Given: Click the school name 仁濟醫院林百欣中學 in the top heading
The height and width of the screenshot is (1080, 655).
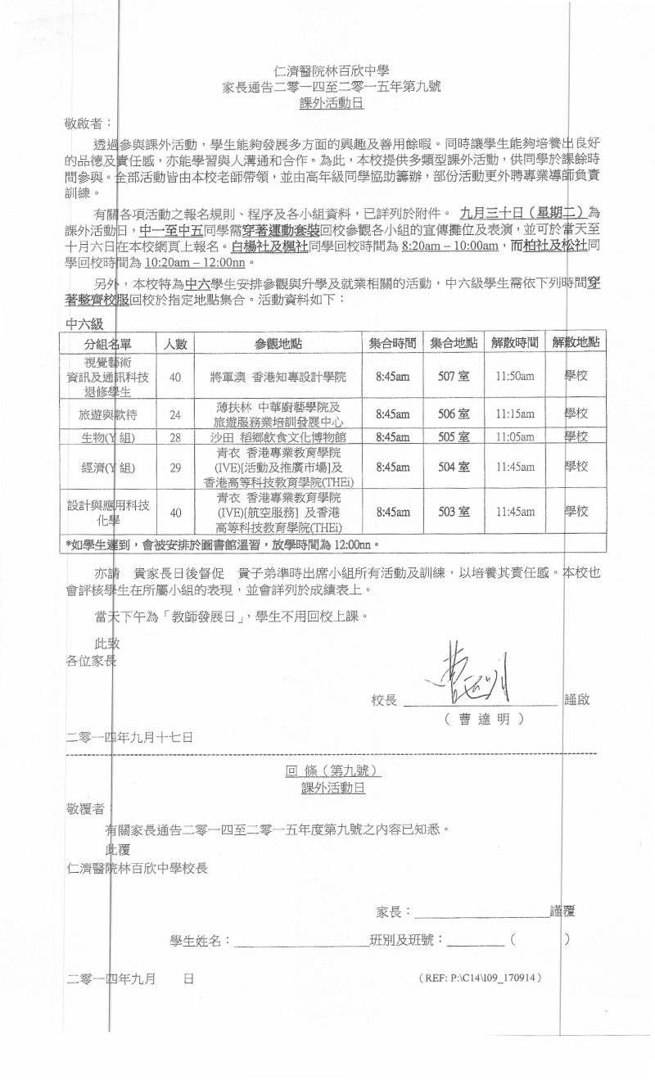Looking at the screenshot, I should pyautogui.click(x=332, y=71).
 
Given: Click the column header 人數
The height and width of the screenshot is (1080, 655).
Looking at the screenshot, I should pyautogui.click(x=175, y=343).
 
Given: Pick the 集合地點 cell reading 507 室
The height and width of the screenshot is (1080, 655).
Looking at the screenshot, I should pyautogui.click(x=454, y=377).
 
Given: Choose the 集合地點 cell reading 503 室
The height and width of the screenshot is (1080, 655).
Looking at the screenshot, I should pyautogui.click(x=454, y=512).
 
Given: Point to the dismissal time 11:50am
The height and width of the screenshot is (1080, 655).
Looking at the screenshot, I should pyautogui.click(x=514, y=377).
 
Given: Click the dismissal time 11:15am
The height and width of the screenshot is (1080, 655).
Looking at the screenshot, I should pyautogui.click(x=514, y=414).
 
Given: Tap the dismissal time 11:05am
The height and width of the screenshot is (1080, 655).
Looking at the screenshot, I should pyautogui.click(x=514, y=437).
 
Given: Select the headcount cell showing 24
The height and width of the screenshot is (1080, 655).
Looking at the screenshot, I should pyautogui.click(x=175, y=415).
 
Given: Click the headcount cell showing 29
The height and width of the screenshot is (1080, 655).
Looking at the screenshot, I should pyautogui.click(x=175, y=468).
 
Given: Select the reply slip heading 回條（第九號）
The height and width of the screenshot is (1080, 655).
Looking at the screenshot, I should pyautogui.click(x=332, y=771).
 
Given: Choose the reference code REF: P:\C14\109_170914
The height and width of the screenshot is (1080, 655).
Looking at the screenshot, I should pyautogui.click(x=479, y=978).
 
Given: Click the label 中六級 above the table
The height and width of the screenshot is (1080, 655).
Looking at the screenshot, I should pyautogui.click(x=84, y=324).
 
